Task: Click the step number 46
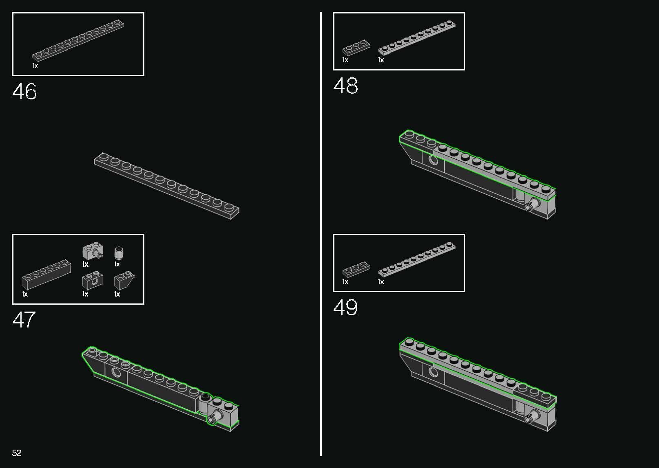pos(25,91)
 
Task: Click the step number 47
pos(24,319)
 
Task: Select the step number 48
pos(345,86)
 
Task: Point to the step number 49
pos(345,307)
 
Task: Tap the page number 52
pos(16,453)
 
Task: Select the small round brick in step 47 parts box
pos(119,253)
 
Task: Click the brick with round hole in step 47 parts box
pos(93,281)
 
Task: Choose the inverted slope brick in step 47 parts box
pos(124,280)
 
